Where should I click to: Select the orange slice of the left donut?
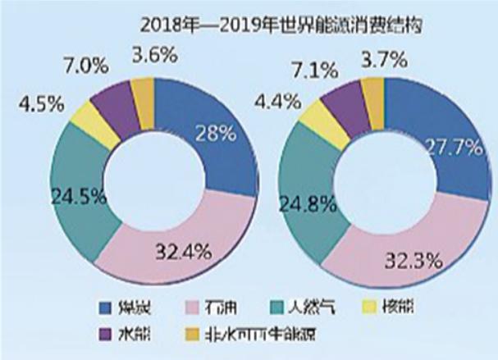point(143,92)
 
